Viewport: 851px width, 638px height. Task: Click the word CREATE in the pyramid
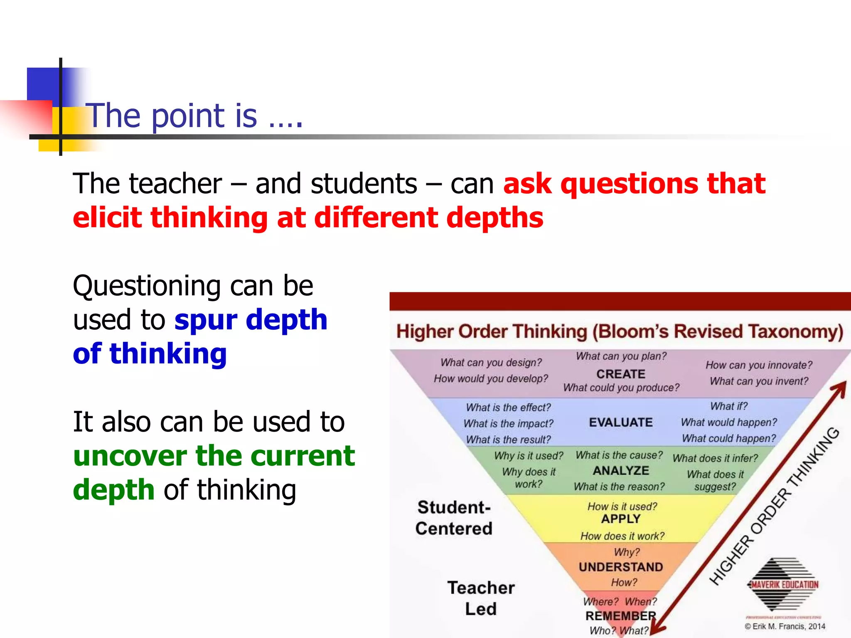pyautogui.click(x=621, y=374)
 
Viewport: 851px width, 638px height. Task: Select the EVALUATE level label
pyautogui.click(x=621, y=422)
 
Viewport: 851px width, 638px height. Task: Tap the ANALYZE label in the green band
pyautogui.click(x=621, y=471)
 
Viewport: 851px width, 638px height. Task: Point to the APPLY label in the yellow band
pyautogui.click(x=621, y=519)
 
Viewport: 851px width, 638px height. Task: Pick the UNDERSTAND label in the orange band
pyautogui.click(x=621, y=567)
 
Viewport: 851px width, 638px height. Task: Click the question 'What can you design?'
pyautogui.click(x=491, y=363)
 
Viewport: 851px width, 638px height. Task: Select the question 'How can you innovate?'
pyautogui.click(x=759, y=365)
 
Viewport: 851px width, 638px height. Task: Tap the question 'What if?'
pyautogui.click(x=729, y=406)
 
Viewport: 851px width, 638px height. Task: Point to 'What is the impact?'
pyautogui.click(x=508, y=424)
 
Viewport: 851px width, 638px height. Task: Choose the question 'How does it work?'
pyautogui.click(x=622, y=536)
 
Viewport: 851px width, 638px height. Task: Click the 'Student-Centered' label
pyautogui.click(x=454, y=518)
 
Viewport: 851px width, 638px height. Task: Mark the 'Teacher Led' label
pyautogui.click(x=481, y=598)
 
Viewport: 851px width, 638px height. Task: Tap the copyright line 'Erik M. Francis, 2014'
pyautogui.click(x=785, y=626)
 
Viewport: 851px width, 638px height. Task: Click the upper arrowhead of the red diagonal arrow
pyautogui.click(x=840, y=388)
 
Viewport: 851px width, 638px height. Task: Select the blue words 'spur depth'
pyautogui.click(x=251, y=320)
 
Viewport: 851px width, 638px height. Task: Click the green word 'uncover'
pyautogui.click(x=130, y=456)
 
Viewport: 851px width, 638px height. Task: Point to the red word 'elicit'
pyautogui.click(x=107, y=218)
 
